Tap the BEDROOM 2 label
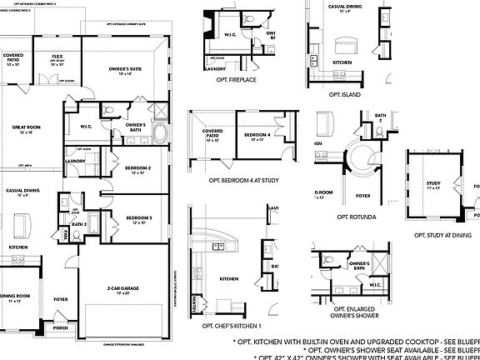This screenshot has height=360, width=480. (x=137, y=167)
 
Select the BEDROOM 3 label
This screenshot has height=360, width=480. (x=137, y=217)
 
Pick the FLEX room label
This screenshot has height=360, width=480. (x=57, y=57)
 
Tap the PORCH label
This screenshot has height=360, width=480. (x=61, y=327)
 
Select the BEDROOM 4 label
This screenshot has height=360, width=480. (x=257, y=135)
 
